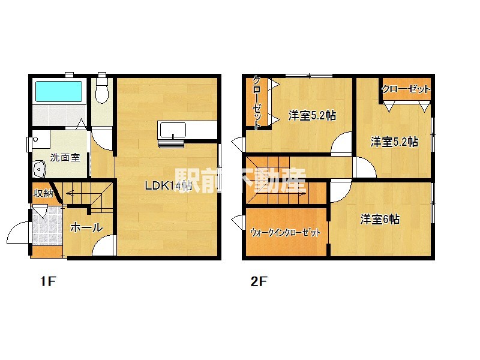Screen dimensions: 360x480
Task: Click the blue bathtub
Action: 58,91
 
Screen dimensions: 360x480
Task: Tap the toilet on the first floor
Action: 102,91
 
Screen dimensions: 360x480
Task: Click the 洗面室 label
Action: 65,158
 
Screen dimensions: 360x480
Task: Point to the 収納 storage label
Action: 43,193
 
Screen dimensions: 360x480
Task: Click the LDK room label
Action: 167,186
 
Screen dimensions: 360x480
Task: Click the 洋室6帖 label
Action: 380,219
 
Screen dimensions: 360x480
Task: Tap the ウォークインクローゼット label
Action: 285,232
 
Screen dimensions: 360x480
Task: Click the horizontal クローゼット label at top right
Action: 406,89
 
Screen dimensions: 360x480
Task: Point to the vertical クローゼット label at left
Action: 256,103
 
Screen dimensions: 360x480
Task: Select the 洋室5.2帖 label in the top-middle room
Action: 311,116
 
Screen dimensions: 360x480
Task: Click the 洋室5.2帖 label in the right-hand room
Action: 394,142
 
